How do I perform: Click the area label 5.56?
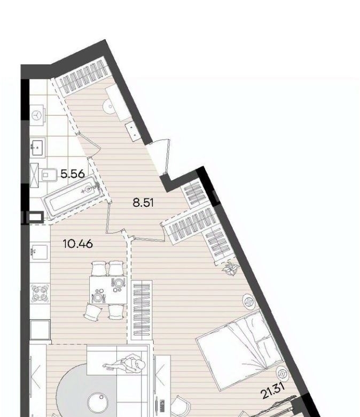click(73, 174)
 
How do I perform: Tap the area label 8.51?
click(143, 203)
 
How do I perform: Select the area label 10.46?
click(78, 244)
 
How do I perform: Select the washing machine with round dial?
click(37, 115)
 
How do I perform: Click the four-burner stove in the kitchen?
click(40, 294)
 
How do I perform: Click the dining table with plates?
click(108, 290)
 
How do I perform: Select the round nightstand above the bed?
click(249, 302)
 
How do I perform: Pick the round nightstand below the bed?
click(283, 374)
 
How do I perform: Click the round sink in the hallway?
click(109, 107)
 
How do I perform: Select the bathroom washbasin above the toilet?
click(38, 146)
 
